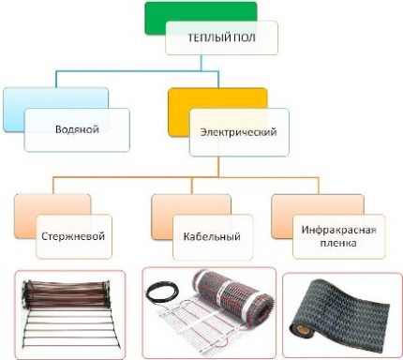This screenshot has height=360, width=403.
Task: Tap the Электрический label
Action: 239,132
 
